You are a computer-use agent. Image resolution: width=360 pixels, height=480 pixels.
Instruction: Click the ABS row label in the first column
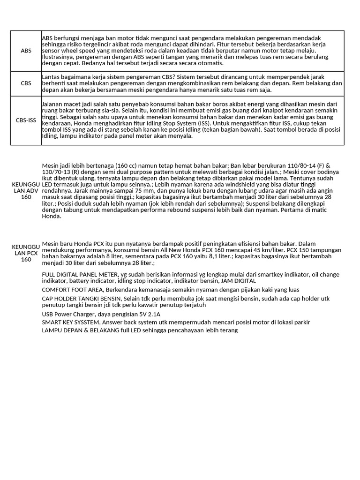[x=26, y=51]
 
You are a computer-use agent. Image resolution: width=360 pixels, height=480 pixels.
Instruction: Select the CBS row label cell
[x=26, y=83]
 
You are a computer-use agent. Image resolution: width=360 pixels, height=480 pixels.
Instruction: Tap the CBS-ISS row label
[x=26, y=120]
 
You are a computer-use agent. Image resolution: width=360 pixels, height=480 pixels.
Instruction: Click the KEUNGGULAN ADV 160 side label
[x=26, y=191]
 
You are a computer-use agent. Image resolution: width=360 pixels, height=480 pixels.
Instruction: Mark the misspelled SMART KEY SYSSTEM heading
[x=71, y=322]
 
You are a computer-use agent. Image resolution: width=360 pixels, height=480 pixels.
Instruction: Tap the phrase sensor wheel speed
[x=69, y=51]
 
